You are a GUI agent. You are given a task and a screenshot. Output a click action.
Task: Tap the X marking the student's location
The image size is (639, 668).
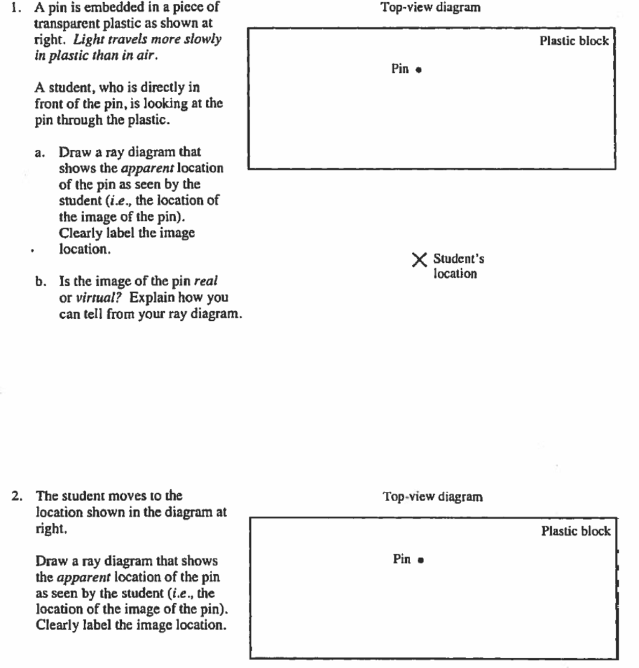(420, 260)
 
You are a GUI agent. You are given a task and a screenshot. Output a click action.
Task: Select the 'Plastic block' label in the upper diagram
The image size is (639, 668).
(574, 41)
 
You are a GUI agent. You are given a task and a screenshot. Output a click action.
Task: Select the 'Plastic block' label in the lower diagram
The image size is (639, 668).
(575, 531)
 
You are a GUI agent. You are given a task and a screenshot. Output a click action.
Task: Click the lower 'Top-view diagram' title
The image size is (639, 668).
(433, 497)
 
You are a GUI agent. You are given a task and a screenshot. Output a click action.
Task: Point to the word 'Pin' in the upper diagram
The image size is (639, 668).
(400, 68)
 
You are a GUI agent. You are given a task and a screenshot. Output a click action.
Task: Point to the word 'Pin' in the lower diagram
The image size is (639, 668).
(402, 559)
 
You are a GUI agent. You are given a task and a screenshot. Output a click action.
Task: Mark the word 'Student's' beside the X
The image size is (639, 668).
(458, 260)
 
